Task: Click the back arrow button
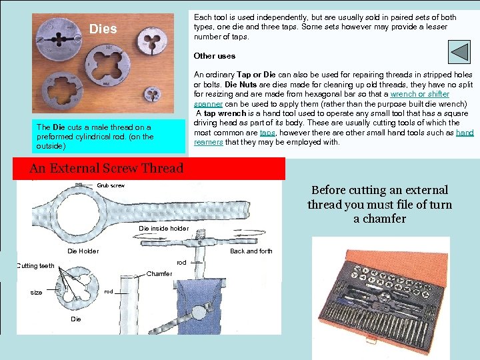point(459,52)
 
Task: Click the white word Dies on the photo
point(103,29)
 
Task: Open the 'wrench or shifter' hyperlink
point(420,94)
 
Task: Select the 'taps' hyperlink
point(267,133)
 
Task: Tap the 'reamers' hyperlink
point(209,142)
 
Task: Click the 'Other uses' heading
point(215,56)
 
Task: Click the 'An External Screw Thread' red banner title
point(107,168)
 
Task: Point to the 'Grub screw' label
point(111,185)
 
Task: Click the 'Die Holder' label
point(83,251)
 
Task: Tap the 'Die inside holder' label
point(164,229)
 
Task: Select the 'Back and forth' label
point(251,251)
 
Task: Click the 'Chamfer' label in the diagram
point(159,274)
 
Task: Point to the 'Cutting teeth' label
point(35,266)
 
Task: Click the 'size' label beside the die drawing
point(36,293)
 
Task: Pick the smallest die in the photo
point(153,94)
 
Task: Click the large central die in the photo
point(107,65)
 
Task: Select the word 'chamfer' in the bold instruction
point(384,219)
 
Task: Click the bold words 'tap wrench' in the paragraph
point(225,113)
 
